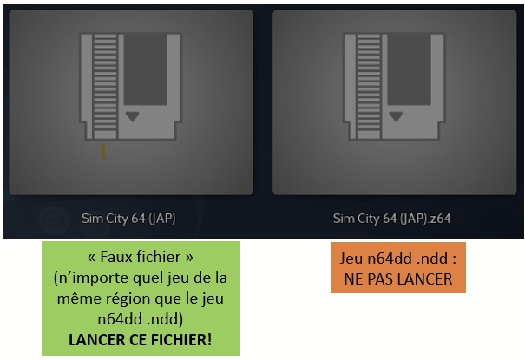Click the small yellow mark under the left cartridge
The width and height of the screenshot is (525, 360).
point(103,151)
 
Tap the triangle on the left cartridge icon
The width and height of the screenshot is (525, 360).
point(132,116)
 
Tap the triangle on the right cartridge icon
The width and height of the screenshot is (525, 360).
point(396,116)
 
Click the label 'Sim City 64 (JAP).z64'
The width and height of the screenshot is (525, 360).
point(391,219)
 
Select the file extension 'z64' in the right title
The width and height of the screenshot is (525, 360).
point(442,219)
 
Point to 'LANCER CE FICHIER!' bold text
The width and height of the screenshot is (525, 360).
point(141,339)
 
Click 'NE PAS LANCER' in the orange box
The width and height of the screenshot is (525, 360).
point(398,279)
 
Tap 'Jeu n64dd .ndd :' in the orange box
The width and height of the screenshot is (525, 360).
point(398,259)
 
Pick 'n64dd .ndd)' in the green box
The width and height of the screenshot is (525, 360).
point(141,319)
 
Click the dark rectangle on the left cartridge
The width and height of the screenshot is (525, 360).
point(146,69)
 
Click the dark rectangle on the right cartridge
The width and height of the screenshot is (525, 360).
point(409,69)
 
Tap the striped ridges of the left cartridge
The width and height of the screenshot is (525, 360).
point(105,86)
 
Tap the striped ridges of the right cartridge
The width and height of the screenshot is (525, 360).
point(369,86)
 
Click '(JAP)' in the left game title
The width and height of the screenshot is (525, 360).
point(162,219)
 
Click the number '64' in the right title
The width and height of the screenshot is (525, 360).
point(390,219)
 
